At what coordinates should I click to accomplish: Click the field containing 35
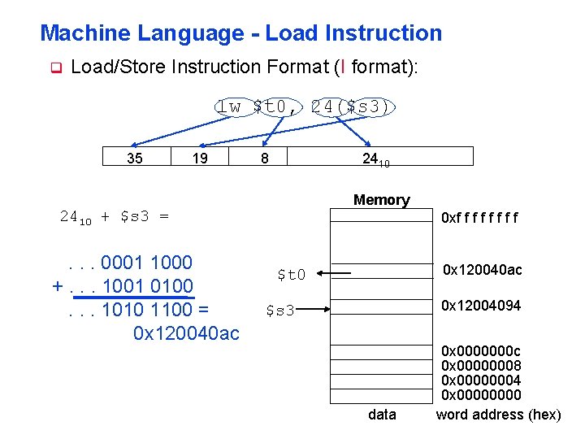135,158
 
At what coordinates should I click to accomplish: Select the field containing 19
199,158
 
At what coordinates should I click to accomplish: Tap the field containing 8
264,158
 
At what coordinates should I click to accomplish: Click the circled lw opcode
230,106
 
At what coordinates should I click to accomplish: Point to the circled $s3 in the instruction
370,106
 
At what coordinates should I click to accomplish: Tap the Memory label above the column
381,199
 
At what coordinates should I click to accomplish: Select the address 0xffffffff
479,217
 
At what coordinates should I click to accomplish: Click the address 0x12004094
481,306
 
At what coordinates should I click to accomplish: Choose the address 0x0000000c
481,351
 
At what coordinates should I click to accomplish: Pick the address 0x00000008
481,366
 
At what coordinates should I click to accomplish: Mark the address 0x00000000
481,395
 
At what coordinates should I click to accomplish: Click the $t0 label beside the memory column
291,275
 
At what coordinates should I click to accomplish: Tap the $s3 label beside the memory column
280,310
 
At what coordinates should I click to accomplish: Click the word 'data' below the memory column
382,415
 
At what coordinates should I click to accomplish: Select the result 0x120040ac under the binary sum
185,333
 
